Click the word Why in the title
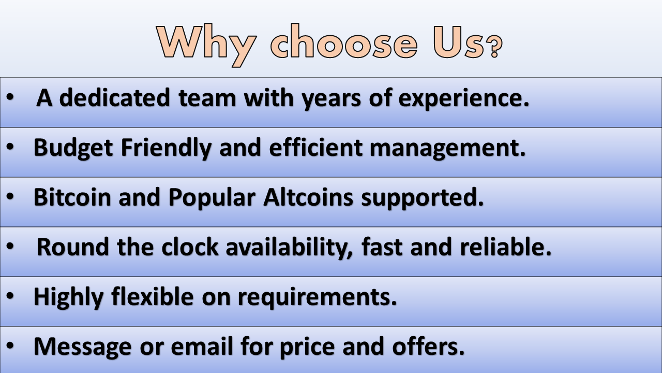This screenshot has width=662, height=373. (x=207, y=45)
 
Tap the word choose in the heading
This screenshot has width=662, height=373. (x=344, y=41)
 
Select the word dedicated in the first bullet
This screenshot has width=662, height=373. (x=115, y=97)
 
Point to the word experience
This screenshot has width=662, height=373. (x=464, y=98)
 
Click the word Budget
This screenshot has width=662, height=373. (x=73, y=148)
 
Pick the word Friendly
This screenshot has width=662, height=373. (x=166, y=148)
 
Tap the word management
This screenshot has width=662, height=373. (x=448, y=148)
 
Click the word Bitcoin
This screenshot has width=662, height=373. (x=72, y=197)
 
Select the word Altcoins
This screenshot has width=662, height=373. (x=308, y=197)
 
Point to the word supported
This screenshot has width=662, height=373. (x=423, y=198)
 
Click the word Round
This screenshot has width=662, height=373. (x=73, y=247)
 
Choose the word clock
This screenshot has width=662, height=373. (x=190, y=247)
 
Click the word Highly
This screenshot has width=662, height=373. (x=69, y=297)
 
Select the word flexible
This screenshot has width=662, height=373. (x=153, y=296)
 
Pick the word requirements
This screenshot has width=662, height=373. (x=318, y=297)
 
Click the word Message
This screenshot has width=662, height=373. (x=82, y=347)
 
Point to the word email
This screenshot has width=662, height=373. (x=202, y=346)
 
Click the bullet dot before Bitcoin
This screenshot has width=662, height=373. (x=10, y=196)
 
